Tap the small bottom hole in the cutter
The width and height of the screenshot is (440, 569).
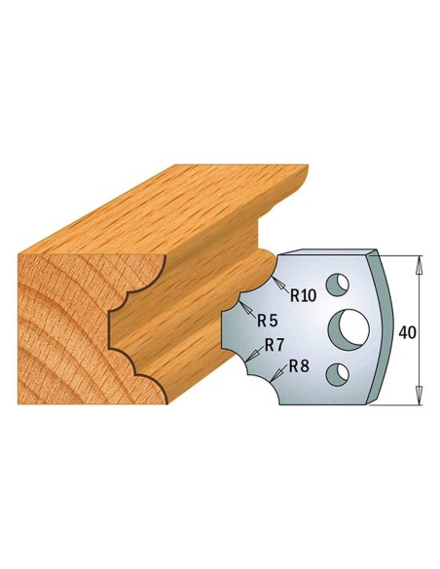point(337,370)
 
